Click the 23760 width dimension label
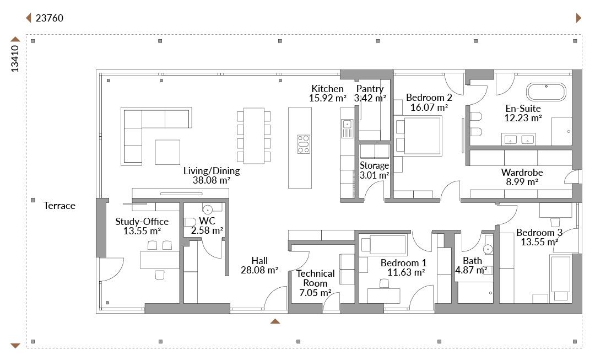coord(50,18)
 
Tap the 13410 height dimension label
coord(15,58)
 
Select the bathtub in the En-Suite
coord(546,92)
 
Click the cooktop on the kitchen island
coord(304,144)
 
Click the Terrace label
coord(59,206)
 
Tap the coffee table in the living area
coord(167,152)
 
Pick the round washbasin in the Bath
coord(488,249)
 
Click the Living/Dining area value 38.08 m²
coord(212,180)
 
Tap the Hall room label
coord(259,261)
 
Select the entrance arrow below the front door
coord(275,321)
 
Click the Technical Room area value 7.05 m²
coord(315,293)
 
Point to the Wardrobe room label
coord(522,173)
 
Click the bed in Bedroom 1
coord(383,245)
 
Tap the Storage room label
coord(374,165)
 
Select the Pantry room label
coord(370,88)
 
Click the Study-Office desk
coord(160,260)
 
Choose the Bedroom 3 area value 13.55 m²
coord(539,242)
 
